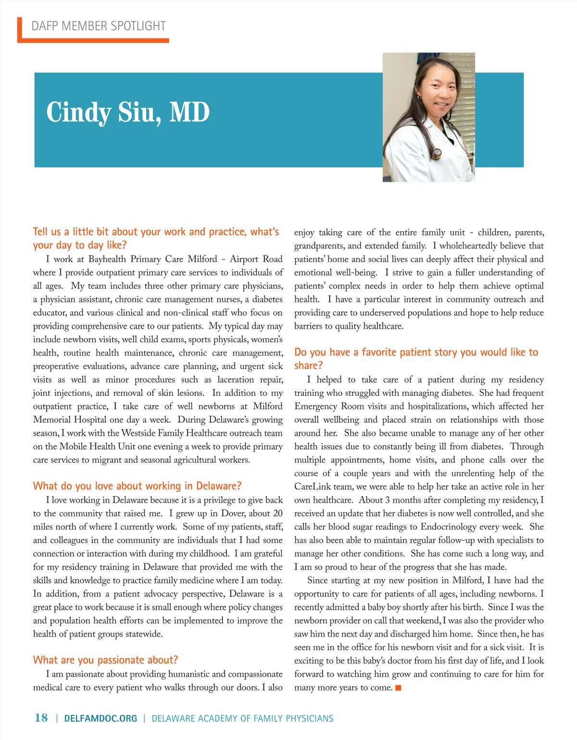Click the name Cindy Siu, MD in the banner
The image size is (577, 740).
tap(128, 112)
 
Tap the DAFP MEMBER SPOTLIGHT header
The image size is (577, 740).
tap(99, 26)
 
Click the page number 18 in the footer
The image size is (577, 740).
tap(41, 718)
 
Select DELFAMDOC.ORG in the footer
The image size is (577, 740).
tap(100, 719)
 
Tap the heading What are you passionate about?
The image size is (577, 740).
tap(105, 660)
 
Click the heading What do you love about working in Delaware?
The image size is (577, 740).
tap(137, 486)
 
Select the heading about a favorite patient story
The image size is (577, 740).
tap(416, 358)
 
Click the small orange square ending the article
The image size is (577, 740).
tap(398, 688)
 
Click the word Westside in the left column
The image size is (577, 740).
tap(138, 433)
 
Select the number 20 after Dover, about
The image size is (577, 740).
tap(277, 513)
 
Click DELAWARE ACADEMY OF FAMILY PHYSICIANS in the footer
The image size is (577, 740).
tap(242, 719)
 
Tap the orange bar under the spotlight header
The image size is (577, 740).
tap(94, 41)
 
